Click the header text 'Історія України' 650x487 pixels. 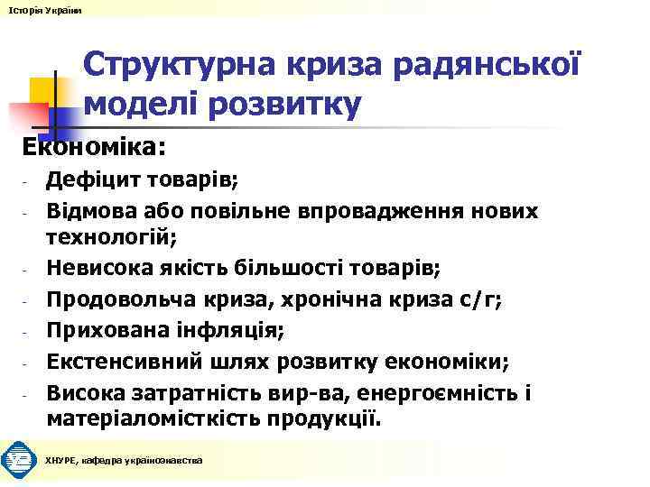click(x=42, y=8)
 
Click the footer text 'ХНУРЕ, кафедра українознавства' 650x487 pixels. click(x=124, y=461)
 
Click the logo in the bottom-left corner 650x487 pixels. click(x=18, y=461)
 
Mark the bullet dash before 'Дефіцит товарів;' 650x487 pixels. click(x=28, y=183)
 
